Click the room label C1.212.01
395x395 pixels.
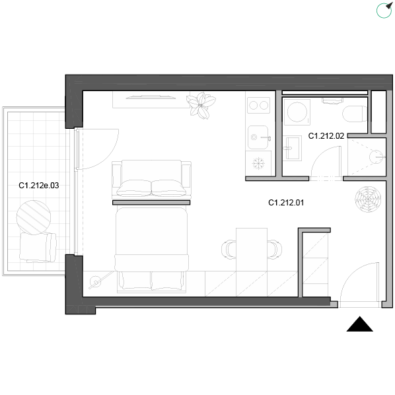(286, 203)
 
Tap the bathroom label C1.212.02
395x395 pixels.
(326, 136)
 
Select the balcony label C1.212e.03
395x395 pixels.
(39, 186)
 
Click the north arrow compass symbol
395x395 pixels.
(384, 11)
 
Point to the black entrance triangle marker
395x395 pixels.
(360, 324)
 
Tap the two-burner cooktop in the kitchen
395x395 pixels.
(259, 105)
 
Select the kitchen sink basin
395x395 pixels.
(258, 137)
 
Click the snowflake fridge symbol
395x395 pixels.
(258, 164)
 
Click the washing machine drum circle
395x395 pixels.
(297, 112)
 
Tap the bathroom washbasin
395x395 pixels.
(292, 148)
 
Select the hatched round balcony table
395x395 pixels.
(34, 217)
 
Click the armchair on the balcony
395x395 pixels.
(38, 248)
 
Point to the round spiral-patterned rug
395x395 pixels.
(368, 199)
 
